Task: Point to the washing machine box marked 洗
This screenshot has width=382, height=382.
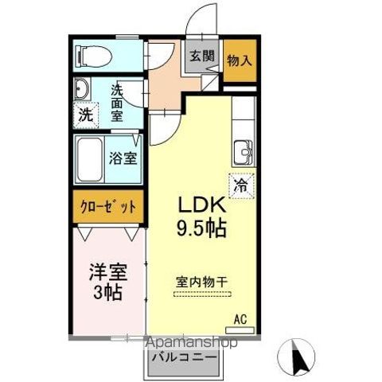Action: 84,114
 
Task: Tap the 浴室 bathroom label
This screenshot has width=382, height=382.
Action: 123,157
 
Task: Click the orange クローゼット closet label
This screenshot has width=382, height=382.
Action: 109,206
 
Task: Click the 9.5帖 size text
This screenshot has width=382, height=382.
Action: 201,229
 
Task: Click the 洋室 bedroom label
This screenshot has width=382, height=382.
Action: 106,270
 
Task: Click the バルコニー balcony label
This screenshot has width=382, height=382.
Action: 183,359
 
